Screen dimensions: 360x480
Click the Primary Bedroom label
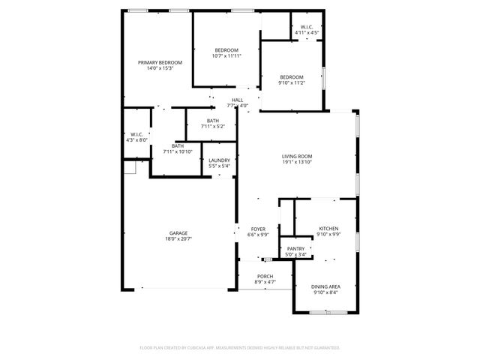160,62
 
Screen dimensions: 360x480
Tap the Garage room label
178,233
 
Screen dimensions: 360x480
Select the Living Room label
297,156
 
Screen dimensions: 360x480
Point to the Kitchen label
328,229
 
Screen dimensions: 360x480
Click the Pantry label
295,249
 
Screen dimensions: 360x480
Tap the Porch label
265,276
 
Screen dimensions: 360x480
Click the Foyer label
258,229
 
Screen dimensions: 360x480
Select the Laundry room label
219,160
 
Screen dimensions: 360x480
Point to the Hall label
237,100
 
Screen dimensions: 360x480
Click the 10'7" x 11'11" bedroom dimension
226,56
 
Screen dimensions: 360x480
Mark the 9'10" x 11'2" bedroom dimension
292,83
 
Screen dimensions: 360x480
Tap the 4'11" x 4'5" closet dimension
307,33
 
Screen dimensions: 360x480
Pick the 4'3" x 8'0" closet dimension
137,139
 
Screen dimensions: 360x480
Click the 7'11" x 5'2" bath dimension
213,127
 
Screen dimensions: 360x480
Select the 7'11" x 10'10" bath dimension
178,151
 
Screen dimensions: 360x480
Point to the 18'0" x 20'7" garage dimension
178,239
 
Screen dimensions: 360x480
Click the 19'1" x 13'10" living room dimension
297,162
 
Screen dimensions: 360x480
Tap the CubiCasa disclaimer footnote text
240,348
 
